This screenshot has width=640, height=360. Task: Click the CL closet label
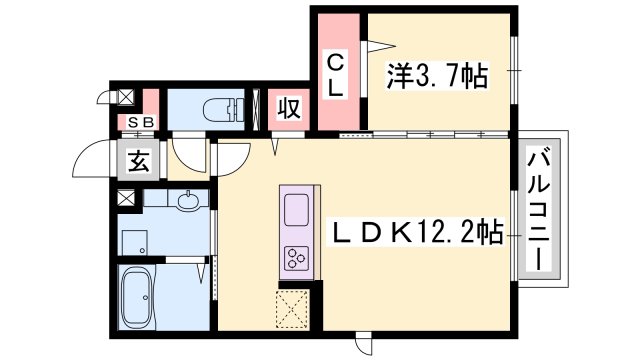[337, 74]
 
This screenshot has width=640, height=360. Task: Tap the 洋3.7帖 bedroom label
[437, 74]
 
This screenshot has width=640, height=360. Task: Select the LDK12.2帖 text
[419, 233]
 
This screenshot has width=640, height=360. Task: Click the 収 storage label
[290, 107]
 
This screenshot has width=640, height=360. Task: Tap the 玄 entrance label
[139, 161]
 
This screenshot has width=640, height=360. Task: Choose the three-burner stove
[299, 258]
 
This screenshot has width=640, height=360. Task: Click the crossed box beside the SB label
[126, 98]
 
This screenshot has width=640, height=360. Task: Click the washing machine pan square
[134, 241]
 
